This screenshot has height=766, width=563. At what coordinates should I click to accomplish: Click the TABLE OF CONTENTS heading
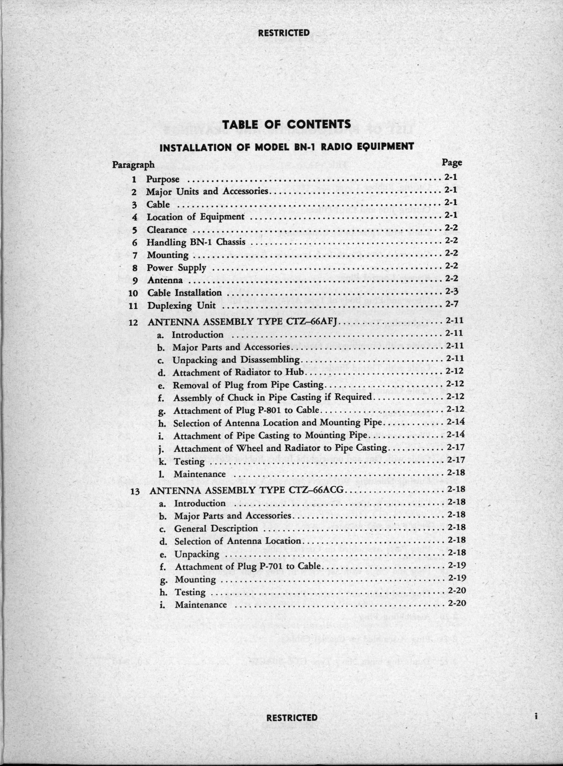286,124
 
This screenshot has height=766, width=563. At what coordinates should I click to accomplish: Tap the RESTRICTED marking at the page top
284,33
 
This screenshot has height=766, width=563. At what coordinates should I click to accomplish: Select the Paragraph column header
133,165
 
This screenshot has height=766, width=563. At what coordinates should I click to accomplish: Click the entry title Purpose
163,179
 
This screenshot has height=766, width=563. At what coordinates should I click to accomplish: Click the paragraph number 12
133,322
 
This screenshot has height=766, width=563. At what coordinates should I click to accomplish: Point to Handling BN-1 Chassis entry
196,243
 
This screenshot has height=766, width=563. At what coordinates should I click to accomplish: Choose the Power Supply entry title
176,268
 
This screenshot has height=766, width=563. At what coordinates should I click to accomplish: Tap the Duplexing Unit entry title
182,306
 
